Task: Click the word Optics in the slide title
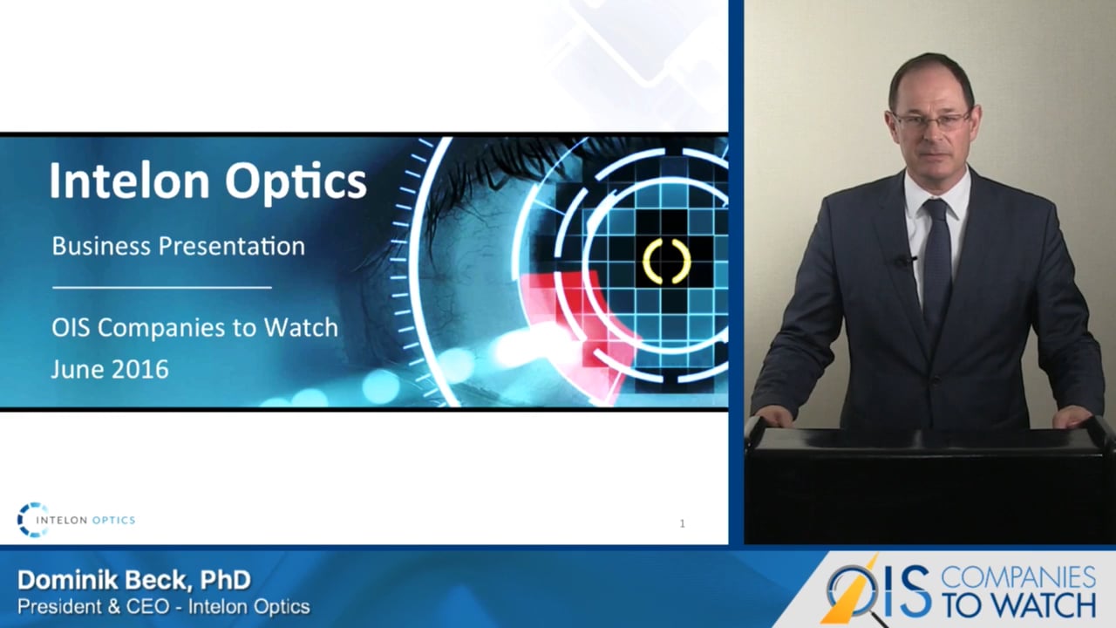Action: [296, 182]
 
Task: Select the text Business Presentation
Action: [178, 246]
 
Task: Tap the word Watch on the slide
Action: [301, 328]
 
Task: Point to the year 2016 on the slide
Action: [139, 369]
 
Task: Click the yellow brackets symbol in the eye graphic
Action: [667, 261]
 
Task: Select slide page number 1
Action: [682, 523]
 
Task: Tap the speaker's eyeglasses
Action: [930, 120]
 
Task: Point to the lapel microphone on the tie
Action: [906, 260]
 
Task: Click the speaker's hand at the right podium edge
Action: [1072, 416]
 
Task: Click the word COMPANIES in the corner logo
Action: [1018, 577]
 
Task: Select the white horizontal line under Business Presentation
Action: [162, 286]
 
